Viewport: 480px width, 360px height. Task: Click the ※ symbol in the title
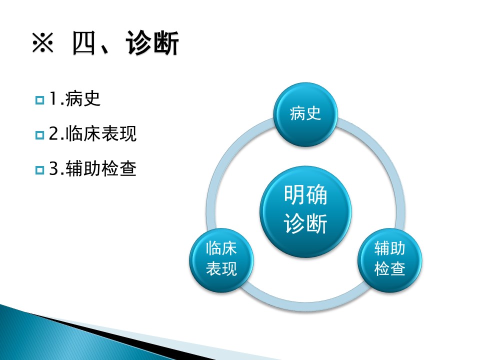click(x=43, y=43)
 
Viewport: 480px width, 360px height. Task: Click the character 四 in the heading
click(x=84, y=43)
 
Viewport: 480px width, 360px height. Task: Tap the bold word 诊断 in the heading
click(x=152, y=43)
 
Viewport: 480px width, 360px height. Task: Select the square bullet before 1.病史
click(x=40, y=100)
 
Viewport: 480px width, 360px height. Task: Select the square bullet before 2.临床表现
click(x=40, y=135)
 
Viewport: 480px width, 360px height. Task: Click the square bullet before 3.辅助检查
click(x=40, y=170)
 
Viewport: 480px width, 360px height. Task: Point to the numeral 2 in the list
click(x=54, y=134)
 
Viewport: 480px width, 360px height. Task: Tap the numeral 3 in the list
click(x=54, y=168)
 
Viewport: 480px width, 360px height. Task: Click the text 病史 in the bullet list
click(x=83, y=98)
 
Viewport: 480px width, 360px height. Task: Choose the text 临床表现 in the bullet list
click(x=101, y=134)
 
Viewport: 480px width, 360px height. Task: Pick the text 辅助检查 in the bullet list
click(x=101, y=168)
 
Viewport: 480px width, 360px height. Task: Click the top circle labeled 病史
click(x=305, y=114)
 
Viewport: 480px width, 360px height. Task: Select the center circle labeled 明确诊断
click(x=305, y=211)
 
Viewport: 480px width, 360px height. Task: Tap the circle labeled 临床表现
click(x=221, y=260)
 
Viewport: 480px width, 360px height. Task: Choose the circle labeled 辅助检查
click(x=389, y=260)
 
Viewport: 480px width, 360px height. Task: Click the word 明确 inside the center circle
click(x=305, y=194)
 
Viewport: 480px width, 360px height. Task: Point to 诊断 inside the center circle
click(x=305, y=223)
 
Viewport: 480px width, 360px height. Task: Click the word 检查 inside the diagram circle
click(x=389, y=269)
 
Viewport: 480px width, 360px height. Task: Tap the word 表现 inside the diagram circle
click(x=221, y=269)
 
